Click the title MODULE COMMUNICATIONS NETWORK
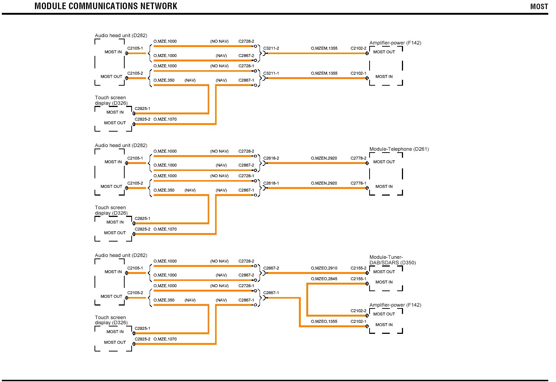pyautogui.click(x=106, y=6)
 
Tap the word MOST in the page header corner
pyautogui.click(x=539, y=7)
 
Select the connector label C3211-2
pyautogui.click(x=271, y=49)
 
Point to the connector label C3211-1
pyautogui.click(x=271, y=74)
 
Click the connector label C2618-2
pyautogui.click(x=271, y=158)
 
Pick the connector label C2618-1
pyautogui.click(x=271, y=183)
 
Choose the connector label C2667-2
pyautogui.click(x=271, y=268)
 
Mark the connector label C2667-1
pyautogui.click(x=271, y=293)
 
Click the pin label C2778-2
pyautogui.click(x=358, y=158)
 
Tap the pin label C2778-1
pyautogui.click(x=358, y=183)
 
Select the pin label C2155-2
pyautogui.click(x=358, y=268)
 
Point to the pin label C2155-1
pyautogui.click(x=358, y=279)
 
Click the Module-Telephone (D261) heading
pyautogui.click(x=399, y=149)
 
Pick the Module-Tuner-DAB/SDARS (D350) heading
pyautogui.click(x=392, y=260)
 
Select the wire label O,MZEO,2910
pyautogui.click(x=324, y=268)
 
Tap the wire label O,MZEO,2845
pyautogui.click(x=324, y=279)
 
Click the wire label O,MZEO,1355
pyautogui.click(x=324, y=322)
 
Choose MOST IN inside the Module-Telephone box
pyautogui.click(x=384, y=187)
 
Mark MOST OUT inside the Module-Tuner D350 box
pyautogui.click(x=384, y=272)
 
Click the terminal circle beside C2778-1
pyautogui.click(x=367, y=188)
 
